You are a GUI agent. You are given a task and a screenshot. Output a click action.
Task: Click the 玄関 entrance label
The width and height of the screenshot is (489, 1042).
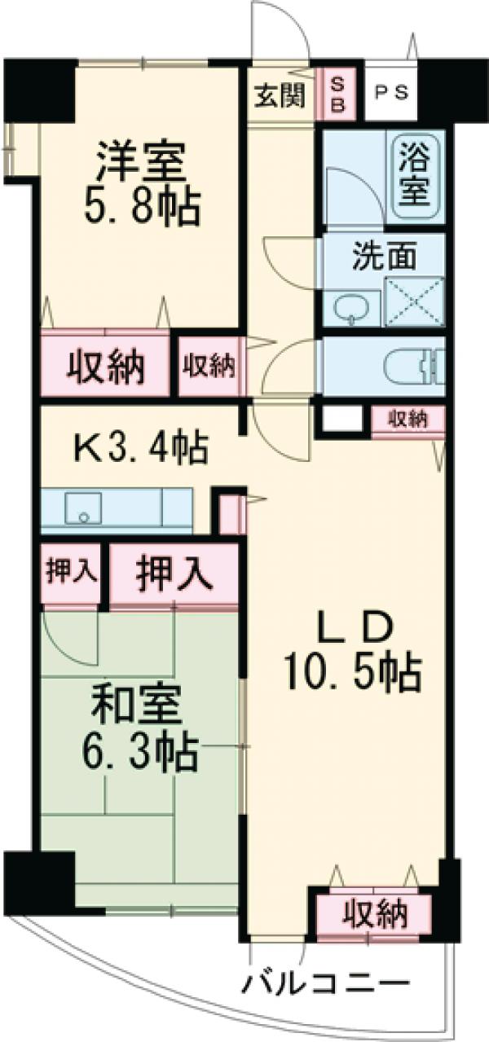[x=278, y=95]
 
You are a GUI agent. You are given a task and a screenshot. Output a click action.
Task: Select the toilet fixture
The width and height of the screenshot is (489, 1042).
[x=412, y=367]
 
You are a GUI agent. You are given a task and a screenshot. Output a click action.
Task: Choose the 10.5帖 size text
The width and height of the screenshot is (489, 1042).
[x=351, y=673]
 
